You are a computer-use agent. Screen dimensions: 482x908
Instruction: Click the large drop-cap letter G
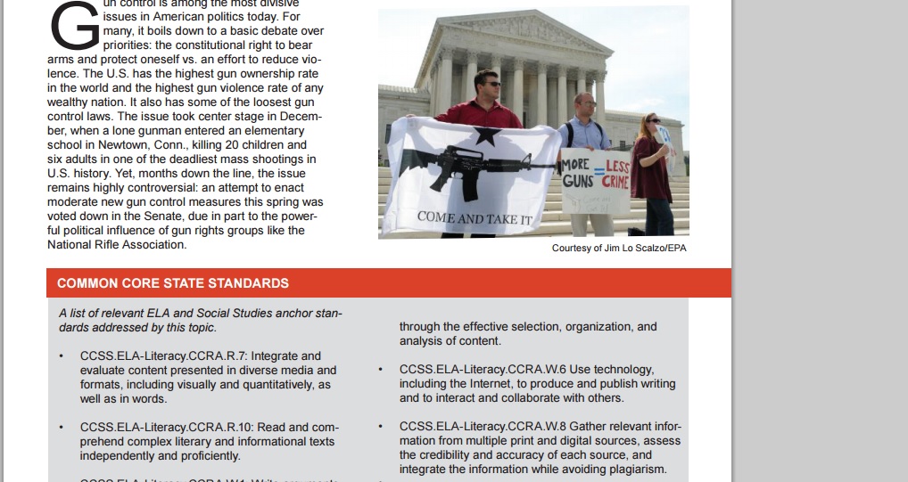pyautogui.click(x=75, y=26)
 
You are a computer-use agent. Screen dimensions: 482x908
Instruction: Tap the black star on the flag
pyautogui.click(x=485, y=135)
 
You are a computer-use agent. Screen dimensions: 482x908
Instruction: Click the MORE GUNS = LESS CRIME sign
pyautogui.click(x=595, y=175)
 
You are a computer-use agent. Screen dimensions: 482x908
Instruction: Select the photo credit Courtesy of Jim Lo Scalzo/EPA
pyautogui.click(x=619, y=248)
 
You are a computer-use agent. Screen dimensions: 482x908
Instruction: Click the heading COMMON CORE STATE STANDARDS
pyautogui.click(x=173, y=283)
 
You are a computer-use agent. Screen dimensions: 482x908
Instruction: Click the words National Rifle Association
pyautogui.click(x=117, y=244)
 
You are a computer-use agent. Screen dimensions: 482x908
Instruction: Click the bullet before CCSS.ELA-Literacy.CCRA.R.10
pyautogui.click(x=61, y=428)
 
